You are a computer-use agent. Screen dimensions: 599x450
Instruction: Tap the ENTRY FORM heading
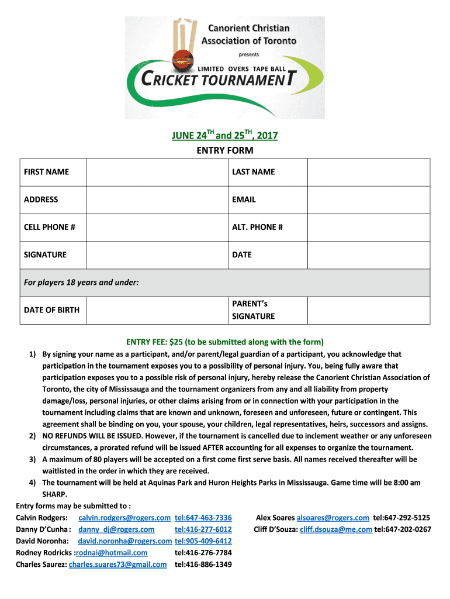(224, 151)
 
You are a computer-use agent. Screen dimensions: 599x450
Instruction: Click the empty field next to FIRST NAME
(157, 172)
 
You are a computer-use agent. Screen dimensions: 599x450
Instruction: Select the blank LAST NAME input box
(369, 172)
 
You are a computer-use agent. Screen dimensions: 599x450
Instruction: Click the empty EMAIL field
(369, 199)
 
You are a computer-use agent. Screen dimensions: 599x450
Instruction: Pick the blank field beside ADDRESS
(157, 199)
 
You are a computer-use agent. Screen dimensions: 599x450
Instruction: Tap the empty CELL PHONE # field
(157, 227)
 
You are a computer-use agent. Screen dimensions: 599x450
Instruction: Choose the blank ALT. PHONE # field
(369, 227)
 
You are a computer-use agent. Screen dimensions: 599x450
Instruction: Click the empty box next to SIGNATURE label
(157, 254)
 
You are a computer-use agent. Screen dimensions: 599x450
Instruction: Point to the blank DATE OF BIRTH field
(157, 310)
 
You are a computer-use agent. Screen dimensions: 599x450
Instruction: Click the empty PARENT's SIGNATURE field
(369, 310)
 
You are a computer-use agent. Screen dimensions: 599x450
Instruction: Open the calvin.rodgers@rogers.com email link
(124, 518)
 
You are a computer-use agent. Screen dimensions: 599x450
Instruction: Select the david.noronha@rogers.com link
(124, 541)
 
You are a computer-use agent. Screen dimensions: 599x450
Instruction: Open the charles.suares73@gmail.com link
(117, 564)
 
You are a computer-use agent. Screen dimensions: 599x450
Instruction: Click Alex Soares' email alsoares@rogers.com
(333, 518)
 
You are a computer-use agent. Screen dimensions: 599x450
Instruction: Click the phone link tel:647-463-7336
(203, 518)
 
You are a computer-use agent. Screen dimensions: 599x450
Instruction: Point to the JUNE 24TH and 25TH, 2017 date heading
(224, 136)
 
